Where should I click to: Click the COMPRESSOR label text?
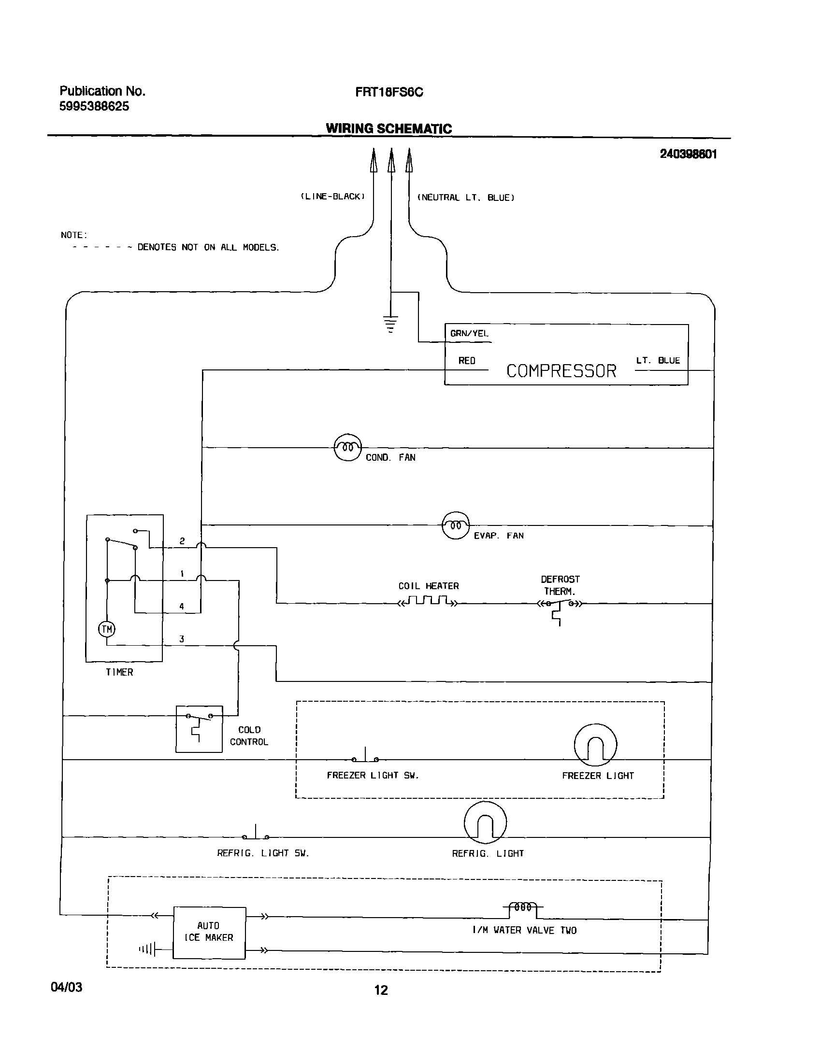pos(561,371)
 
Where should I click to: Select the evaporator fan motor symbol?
pos(456,525)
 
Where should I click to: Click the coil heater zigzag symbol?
pos(429,601)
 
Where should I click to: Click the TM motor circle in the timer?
pos(107,629)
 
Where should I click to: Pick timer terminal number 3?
pos(182,639)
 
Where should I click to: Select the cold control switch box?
pos(199,729)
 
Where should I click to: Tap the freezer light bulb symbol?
pos(595,745)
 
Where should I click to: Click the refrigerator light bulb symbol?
pos(485,822)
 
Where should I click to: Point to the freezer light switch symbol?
pos(365,756)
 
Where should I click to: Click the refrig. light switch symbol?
pos(256,834)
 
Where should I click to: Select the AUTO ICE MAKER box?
pos(210,933)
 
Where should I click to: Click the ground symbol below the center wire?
pos(390,324)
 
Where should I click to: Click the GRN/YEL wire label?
pos(469,333)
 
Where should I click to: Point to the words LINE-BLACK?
pos(332,197)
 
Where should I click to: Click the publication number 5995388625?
pos(94,106)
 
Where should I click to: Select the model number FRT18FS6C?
pos(388,92)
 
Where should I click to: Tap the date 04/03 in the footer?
pos(66,988)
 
